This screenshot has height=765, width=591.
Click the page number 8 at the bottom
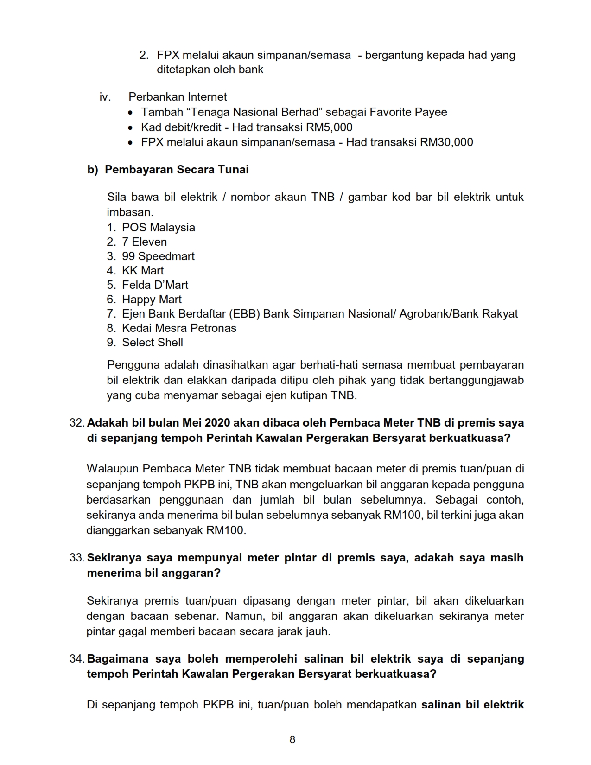coord(292,739)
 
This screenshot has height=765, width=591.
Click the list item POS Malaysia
coord(158,228)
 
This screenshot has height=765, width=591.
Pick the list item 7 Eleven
coord(144,242)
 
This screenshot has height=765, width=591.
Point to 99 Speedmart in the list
coord(158,256)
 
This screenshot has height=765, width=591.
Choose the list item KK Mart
coord(143,271)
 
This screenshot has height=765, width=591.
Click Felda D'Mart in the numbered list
coord(155,285)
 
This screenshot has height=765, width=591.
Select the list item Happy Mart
coord(152,300)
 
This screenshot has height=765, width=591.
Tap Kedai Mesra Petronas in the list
coord(179,328)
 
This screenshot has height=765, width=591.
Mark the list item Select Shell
coord(153,343)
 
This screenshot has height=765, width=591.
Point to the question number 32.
coord(76,423)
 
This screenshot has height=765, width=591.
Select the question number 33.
coord(76,558)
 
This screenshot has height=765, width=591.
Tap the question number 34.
coord(76,659)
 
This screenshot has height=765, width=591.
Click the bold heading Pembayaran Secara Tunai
coord(177,170)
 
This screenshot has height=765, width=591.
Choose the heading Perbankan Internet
coord(178,97)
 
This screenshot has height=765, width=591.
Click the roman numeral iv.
coord(105,97)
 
